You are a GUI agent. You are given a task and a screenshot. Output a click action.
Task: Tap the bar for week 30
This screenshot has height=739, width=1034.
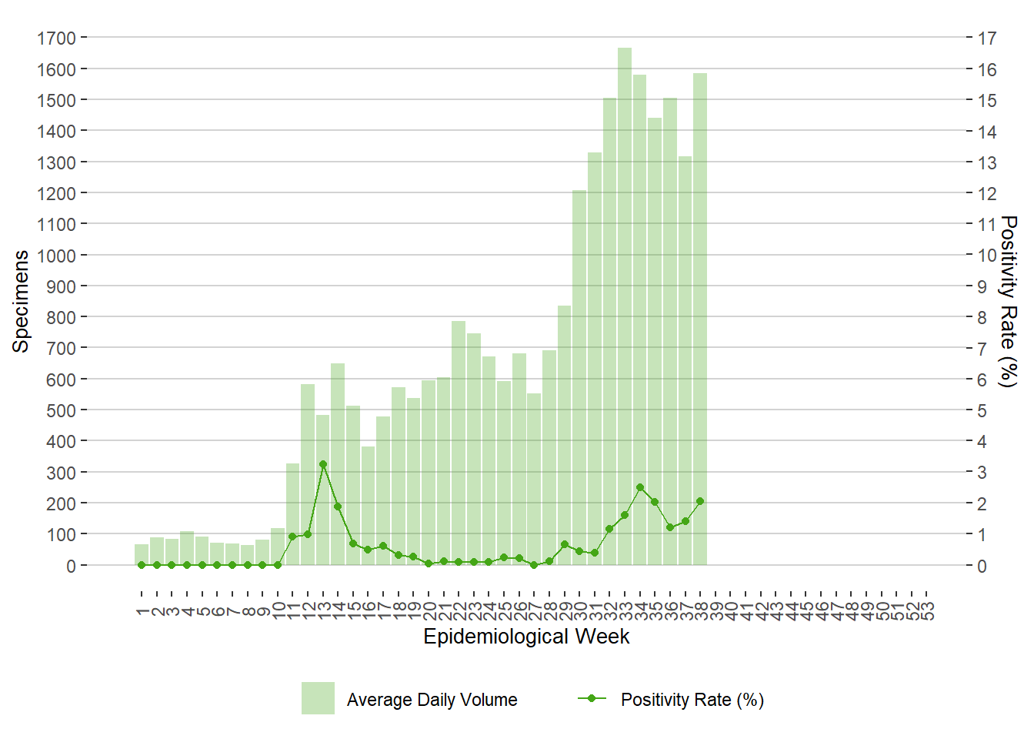coord(579,377)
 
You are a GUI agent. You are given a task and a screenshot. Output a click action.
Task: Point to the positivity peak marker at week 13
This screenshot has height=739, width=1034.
coord(323,464)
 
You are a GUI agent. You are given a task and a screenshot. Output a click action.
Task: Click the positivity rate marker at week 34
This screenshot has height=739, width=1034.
coord(640,487)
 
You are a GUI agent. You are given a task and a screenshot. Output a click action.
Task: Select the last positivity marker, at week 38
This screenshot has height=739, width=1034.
coord(700,501)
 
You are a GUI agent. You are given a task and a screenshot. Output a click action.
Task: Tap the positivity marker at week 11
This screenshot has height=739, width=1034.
coord(292,537)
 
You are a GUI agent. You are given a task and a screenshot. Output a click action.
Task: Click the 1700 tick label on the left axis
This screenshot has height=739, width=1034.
coord(56,38)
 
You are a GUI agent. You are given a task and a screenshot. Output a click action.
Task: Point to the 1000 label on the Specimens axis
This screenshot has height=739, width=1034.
coord(56,256)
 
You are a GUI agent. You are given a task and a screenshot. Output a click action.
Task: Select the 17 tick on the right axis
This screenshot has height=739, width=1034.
coord(987,38)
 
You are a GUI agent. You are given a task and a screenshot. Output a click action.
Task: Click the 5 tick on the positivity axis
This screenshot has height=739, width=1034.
coord(982,410)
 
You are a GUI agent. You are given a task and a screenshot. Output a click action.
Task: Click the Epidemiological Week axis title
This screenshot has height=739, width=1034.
coord(526,637)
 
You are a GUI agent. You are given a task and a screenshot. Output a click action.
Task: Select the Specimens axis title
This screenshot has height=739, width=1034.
coord(21,301)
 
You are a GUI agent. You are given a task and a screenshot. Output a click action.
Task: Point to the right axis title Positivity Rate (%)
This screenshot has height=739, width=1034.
coord(1007,301)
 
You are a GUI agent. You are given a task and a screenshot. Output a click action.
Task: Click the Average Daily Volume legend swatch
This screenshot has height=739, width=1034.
coord(318,698)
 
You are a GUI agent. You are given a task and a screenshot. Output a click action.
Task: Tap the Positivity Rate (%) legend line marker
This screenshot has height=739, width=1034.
coord(592,698)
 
